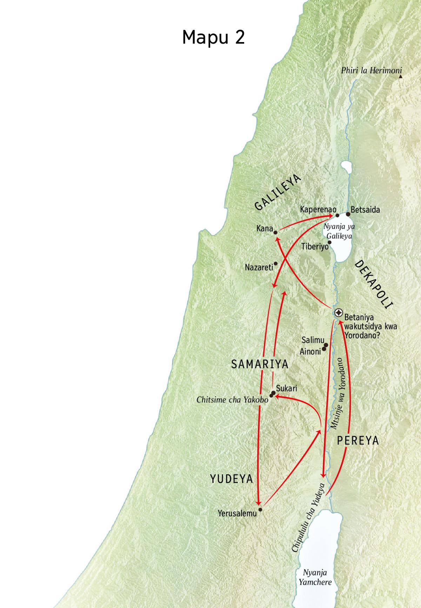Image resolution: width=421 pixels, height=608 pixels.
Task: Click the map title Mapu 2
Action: point(213,37)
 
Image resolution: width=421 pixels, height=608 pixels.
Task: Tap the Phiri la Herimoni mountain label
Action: point(371,71)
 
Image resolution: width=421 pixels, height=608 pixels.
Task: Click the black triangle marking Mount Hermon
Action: point(400,76)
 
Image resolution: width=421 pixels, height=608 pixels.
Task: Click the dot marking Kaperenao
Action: point(338,215)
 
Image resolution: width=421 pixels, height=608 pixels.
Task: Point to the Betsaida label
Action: point(365,210)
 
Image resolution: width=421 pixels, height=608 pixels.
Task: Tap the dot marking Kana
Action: point(276,232)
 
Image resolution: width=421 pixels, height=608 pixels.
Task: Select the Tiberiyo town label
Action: point(315,247)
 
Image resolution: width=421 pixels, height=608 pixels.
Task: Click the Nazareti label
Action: point(259,268)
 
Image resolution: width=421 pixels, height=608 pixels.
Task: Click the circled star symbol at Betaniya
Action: point(339,313)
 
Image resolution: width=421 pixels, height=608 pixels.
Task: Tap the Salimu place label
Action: point(313,340)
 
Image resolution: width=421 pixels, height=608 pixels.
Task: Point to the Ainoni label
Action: point(310,351)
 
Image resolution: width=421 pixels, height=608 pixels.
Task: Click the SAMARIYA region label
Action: point(260,365)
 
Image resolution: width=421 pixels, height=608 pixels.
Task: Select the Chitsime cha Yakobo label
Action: point(232,400)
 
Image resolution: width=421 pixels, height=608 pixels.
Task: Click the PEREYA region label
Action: point(358,441)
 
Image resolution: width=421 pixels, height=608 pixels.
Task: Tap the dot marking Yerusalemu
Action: point(260,509)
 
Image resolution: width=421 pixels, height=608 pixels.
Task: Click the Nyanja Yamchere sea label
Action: point(315,577)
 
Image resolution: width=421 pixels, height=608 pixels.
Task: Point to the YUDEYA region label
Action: point(232,479)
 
